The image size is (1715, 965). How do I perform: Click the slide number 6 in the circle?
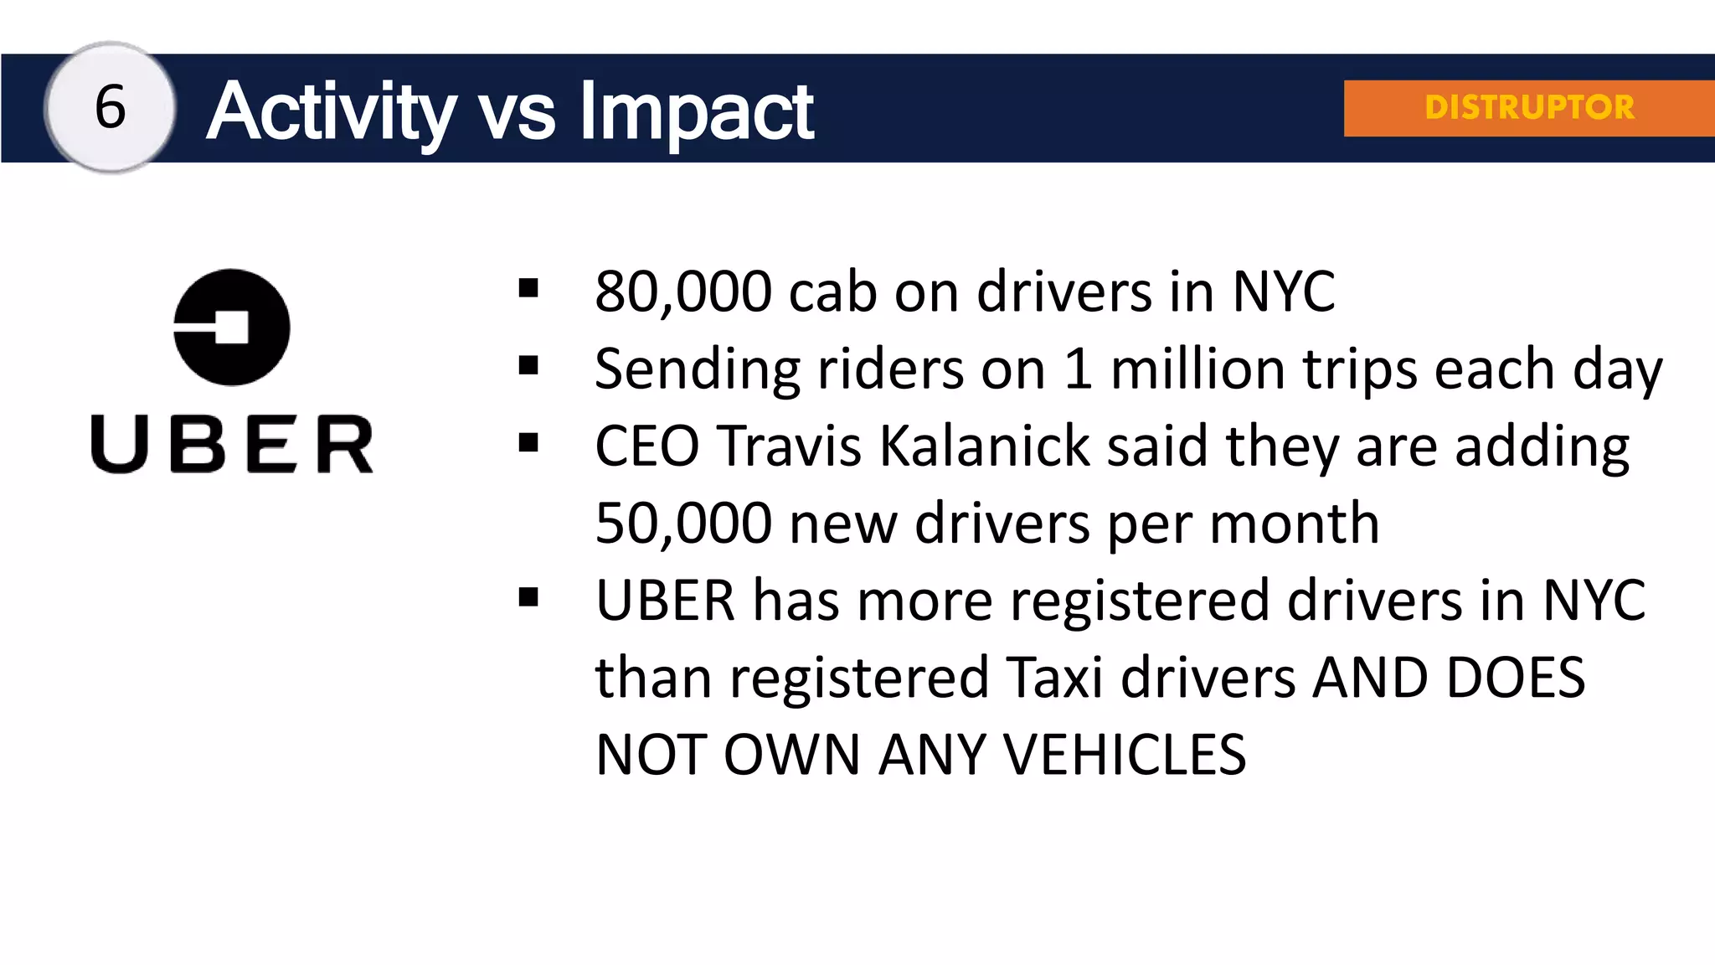tap(110, 107)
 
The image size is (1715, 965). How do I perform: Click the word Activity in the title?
tap(332, 111)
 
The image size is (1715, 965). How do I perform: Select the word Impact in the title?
tap(696, 111)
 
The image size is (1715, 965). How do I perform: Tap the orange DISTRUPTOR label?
tap(1529, 107)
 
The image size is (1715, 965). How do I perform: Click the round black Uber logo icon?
tap(232, 328)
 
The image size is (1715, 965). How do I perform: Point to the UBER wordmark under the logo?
tap(232, 444)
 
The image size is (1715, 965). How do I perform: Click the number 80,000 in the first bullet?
tap(682, 292)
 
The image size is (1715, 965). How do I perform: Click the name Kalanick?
tap(985, 446)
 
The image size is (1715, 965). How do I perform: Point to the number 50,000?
tap(682, 523)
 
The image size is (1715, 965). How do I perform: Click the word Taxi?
tap(1054, 677)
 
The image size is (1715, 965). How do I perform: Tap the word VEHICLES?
tap(1125, 754)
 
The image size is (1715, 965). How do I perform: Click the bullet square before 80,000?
tap(528, 289)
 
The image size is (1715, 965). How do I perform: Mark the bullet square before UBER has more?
tap(528, 597)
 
